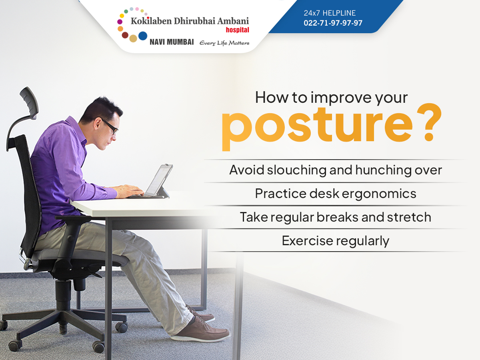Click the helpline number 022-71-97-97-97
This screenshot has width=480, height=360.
(333, 23)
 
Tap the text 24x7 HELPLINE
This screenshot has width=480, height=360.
(330, 13)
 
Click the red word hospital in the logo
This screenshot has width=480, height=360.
(238, 30)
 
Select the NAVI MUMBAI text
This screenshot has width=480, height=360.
(172, 42)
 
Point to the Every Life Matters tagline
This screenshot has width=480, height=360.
(224, 43)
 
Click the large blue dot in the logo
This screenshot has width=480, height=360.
(143, 36)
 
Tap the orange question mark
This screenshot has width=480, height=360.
(429, 122)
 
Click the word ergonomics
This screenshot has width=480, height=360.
(379, 194)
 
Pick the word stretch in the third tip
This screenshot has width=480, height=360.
(409, 217)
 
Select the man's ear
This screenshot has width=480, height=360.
(97, 124)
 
